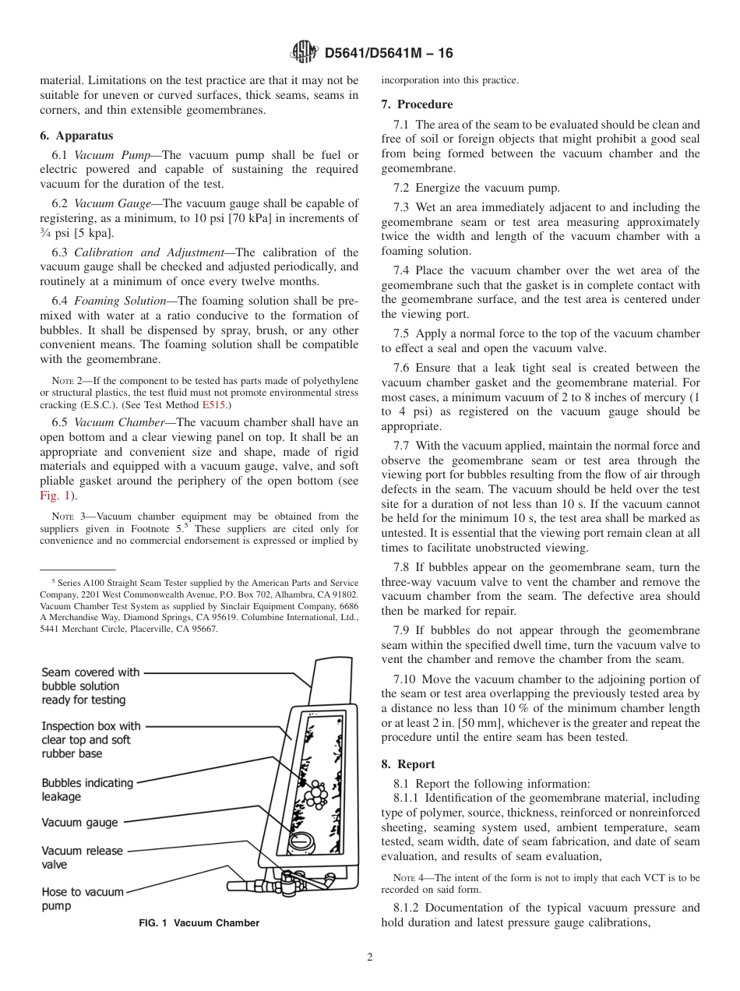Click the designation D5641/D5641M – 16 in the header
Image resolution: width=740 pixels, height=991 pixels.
[387, 54]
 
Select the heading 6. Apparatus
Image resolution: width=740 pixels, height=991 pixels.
[76, 135]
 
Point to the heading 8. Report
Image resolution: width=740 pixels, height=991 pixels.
[408, 764]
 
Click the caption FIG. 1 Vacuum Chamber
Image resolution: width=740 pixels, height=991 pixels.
[199, 922]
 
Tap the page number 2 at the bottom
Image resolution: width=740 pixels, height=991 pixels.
[370, 957]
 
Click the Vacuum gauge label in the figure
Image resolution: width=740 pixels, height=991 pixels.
[79, 822]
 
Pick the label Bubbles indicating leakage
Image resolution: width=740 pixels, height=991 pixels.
[87, 789]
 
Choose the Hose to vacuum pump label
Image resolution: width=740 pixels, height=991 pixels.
[82, 898]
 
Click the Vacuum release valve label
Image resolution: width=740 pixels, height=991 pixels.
[82, 857]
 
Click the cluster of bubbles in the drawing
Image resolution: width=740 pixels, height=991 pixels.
[316, 793]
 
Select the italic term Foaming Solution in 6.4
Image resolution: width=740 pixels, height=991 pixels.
[115, 301]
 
